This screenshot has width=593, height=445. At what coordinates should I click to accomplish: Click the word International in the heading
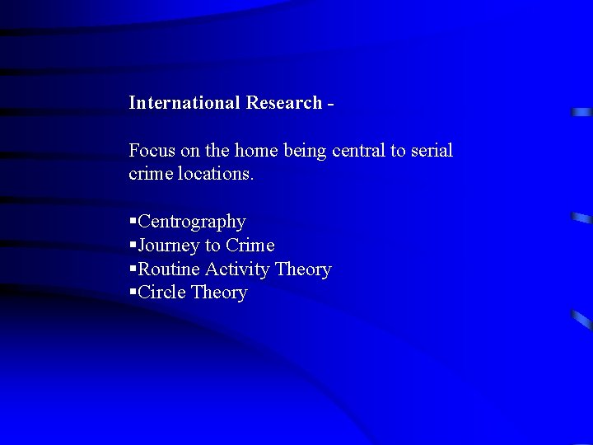(x=184, y=103)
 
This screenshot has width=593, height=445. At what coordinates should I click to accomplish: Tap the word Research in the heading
(x=282, y=103)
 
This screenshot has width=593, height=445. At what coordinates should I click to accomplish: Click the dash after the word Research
(x=330, y=104)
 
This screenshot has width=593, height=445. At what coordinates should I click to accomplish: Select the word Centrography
(x=192, y=222)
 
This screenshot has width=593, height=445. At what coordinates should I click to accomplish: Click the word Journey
(x=169, y=246)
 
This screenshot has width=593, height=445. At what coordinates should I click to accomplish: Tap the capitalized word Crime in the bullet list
(x=250, y=246)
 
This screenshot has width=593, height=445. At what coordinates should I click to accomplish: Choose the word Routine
(x=169, y=269)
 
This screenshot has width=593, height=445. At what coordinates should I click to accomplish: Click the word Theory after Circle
(x=218, y=293)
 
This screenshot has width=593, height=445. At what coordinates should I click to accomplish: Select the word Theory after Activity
(x=303, y=269)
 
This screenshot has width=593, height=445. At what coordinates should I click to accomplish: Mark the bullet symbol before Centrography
(x=133, y=222)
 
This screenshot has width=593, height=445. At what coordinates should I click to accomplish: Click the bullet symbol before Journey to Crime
(x=133, y=246)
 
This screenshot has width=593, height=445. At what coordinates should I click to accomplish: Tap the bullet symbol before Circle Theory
(x=133, y=293)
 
